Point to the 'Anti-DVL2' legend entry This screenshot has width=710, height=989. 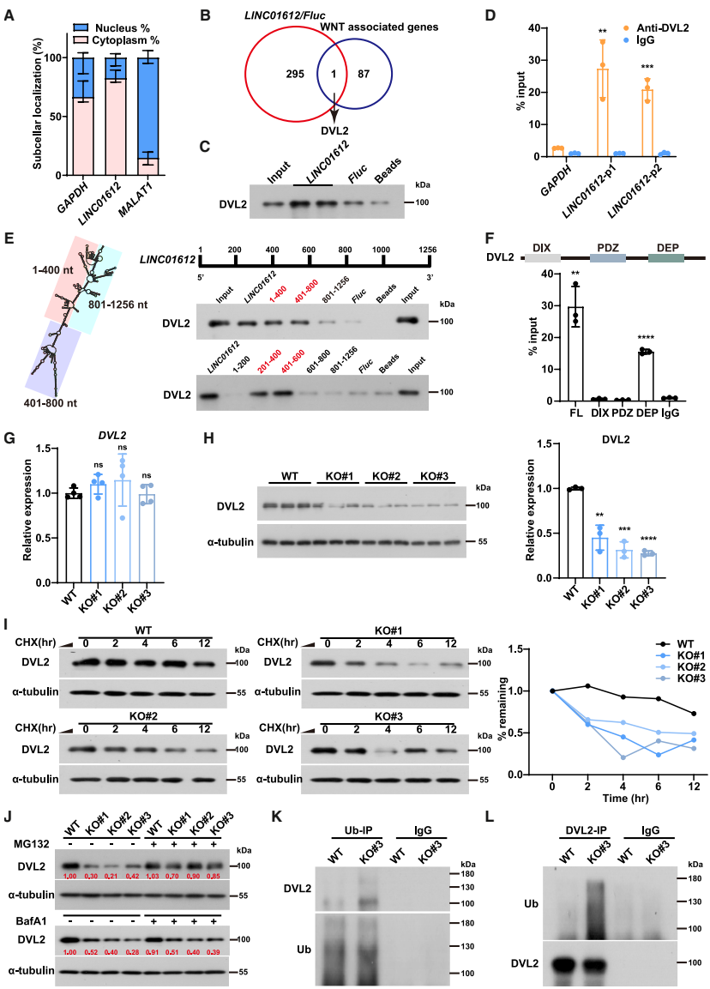pyautogui.click(x=661, y=27)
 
